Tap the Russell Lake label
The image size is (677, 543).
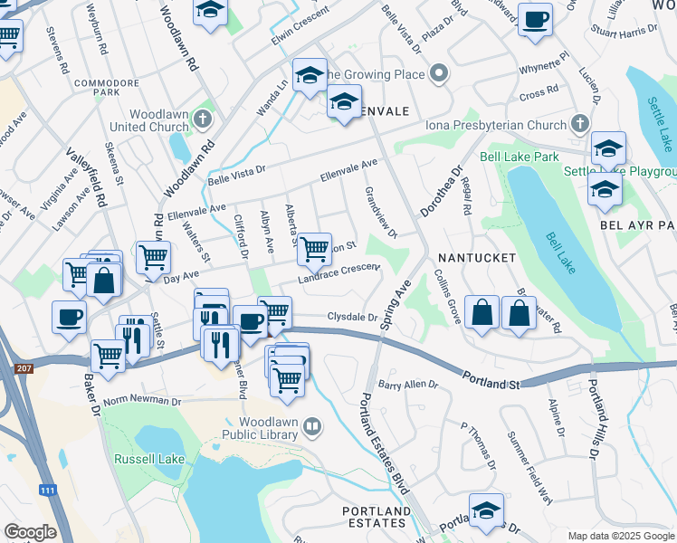pyautogui.click(x=149, y=459)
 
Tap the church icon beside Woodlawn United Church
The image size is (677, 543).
pyautogui.click(x=204, y=119)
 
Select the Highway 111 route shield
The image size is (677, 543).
pyautogui.click(x=48, y=491)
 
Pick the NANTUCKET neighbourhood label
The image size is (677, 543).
pyautogui.click(x=477, y=258)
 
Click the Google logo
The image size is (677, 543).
pyautogui.click(x=30, y=532)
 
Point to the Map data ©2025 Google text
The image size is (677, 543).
pyautogui.click(x=620, y=536)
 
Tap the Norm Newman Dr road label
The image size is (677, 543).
pyautogui.click(x=142, y=401)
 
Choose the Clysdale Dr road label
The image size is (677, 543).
pyautogui.click(x=351, y=317)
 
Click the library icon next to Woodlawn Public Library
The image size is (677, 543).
pyautogui.click(x=312, y=425)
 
